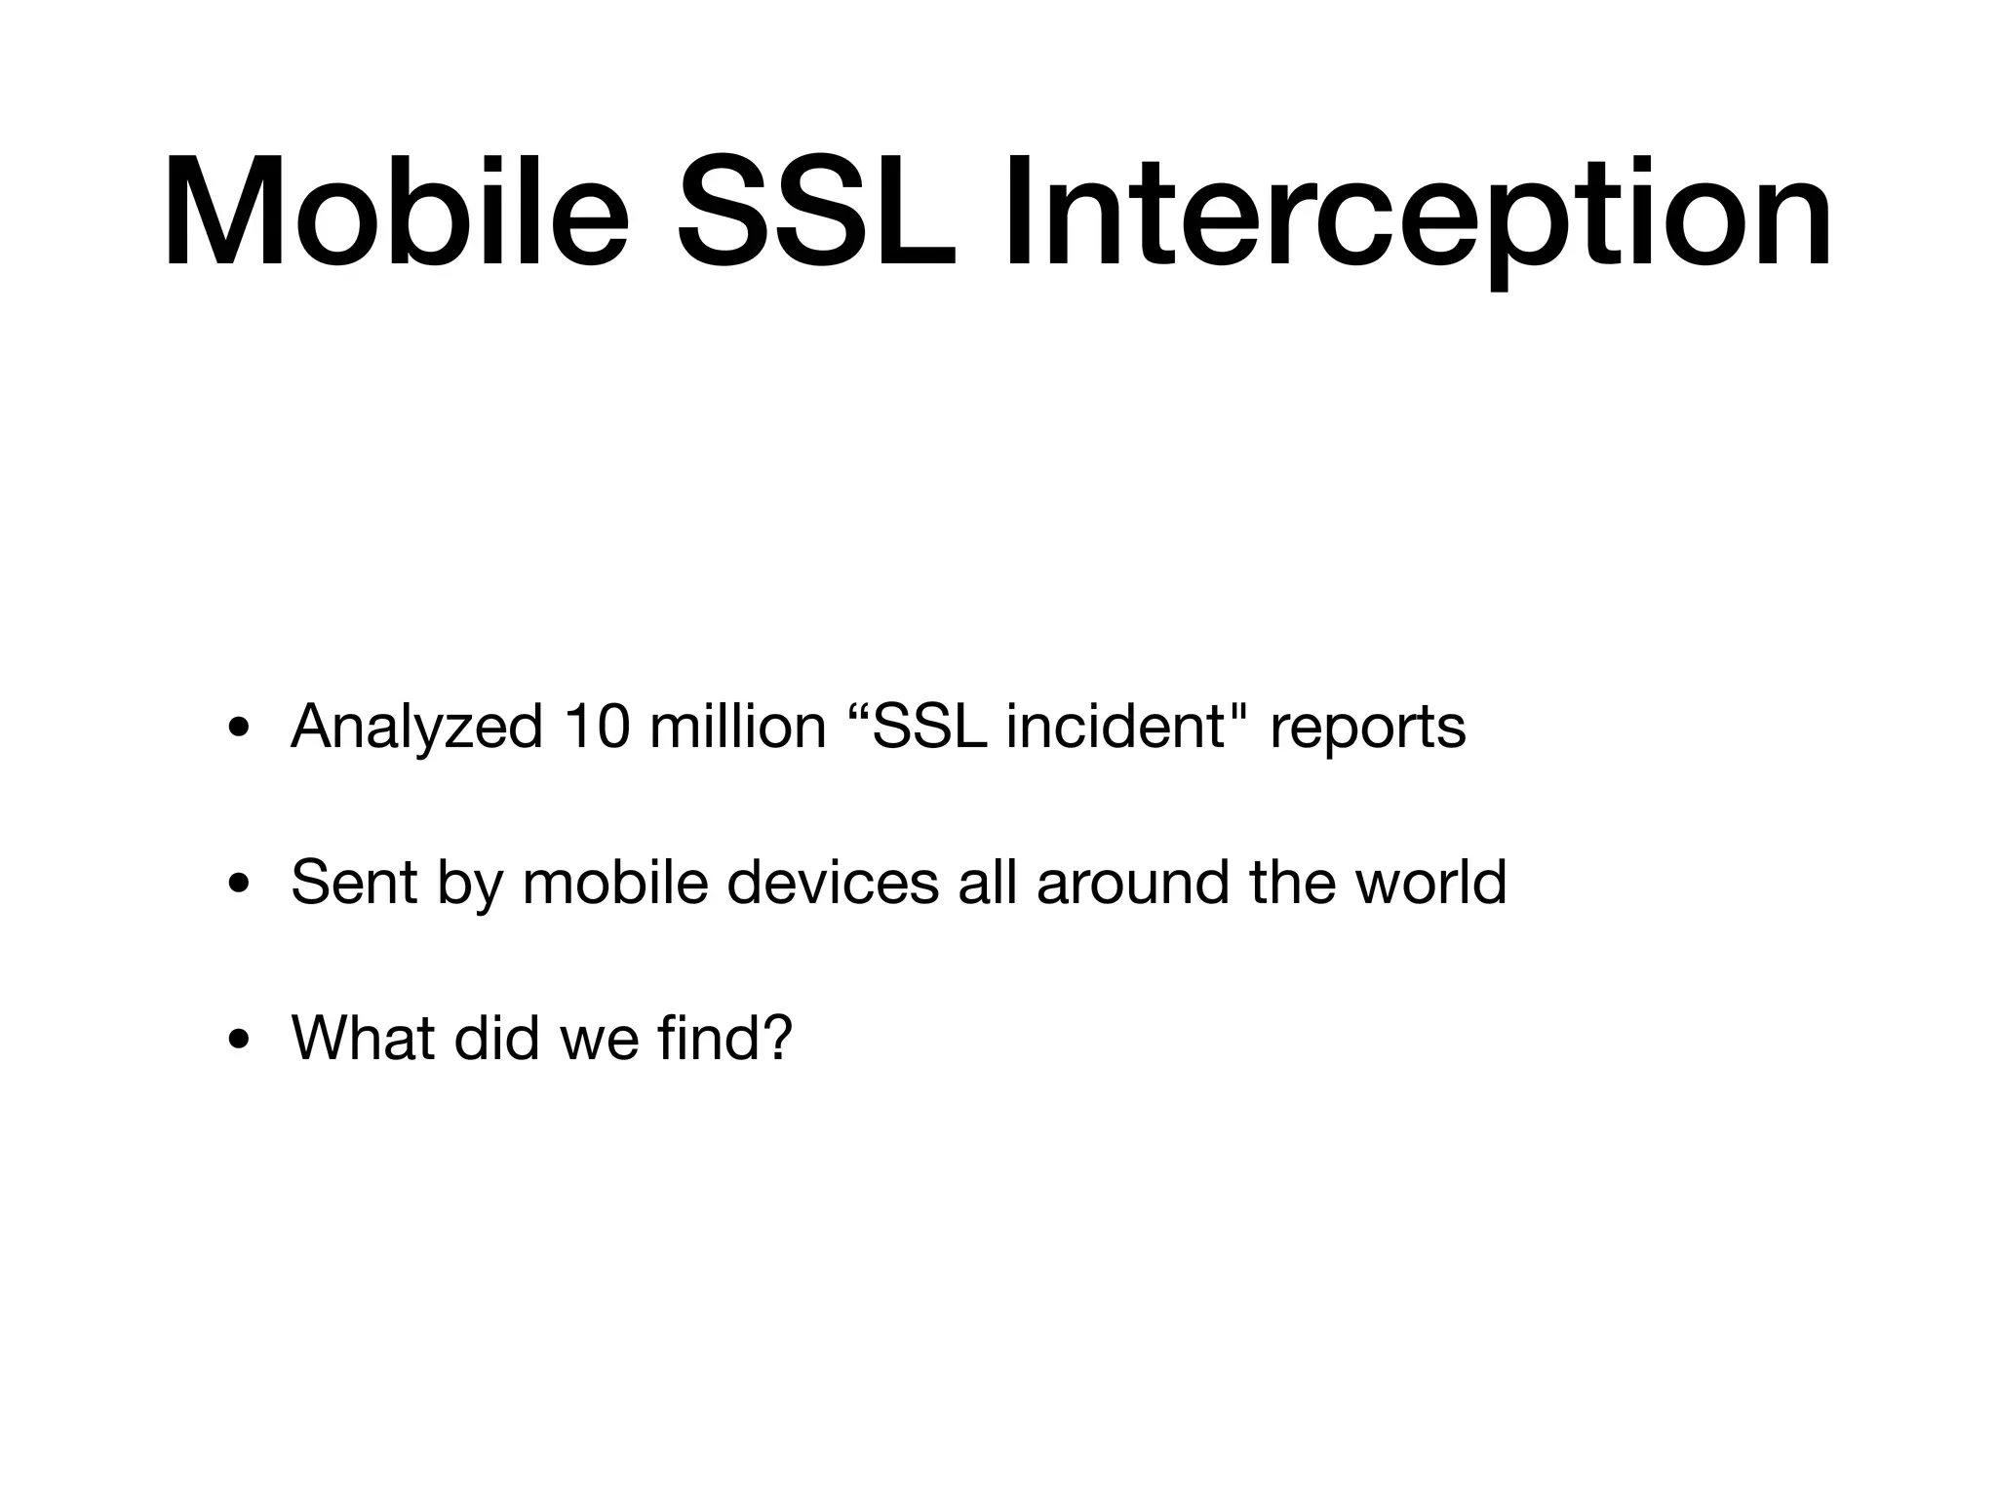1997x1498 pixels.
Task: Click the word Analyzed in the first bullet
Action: pos(416,728)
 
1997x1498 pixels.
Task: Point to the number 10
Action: pos(594,728)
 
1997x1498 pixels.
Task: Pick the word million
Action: pos(737,728)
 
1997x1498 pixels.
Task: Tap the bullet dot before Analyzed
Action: pos(237,729)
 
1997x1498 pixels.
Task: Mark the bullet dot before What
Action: pos(237,1041)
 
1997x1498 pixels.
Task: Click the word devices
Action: pos(833,883)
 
